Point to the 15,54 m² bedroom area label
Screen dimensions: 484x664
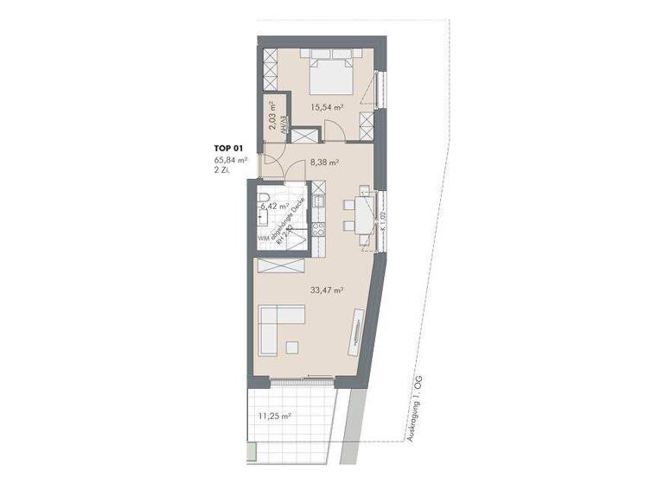328,107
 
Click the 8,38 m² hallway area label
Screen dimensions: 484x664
323,161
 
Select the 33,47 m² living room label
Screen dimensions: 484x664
327,290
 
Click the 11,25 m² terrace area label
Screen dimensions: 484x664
275,416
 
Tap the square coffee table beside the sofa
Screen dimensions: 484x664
290,347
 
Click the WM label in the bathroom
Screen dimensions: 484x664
262,239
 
